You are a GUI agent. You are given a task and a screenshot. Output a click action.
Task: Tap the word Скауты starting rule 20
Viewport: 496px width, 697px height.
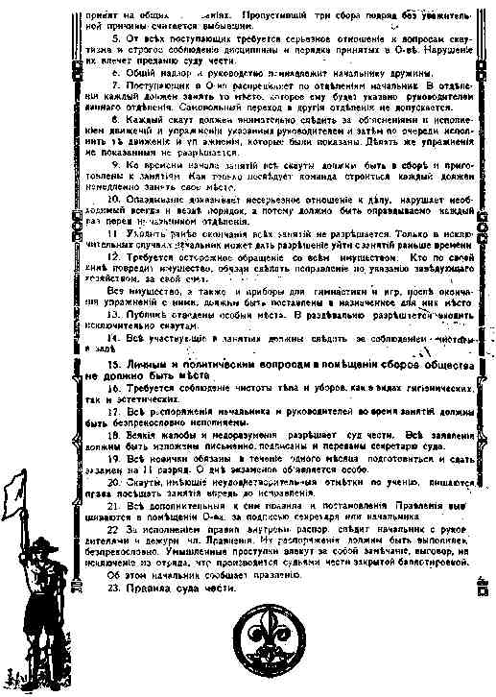(145, 482)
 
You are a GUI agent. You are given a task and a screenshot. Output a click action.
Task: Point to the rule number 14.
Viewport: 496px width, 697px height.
(113, 338)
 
